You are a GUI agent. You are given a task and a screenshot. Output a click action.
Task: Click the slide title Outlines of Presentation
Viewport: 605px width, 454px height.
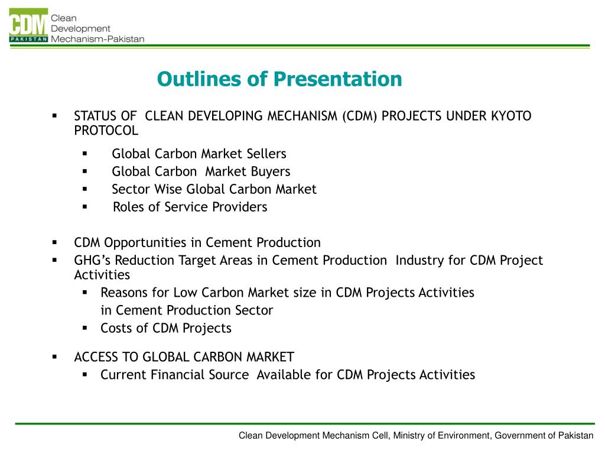(279, 79)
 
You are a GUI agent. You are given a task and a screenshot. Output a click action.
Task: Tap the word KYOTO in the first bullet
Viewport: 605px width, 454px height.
(511, 116)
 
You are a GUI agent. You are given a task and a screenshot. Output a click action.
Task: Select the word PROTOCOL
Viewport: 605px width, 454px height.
(106, 130)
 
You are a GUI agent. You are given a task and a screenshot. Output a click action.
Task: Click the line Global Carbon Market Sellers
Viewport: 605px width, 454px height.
(199, 154)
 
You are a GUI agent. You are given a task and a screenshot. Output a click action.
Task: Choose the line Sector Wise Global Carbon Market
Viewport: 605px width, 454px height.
(214, 189)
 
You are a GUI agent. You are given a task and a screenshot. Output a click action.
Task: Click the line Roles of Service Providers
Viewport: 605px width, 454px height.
(190, 207)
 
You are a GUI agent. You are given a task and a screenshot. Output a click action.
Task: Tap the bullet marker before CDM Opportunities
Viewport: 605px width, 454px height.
(54, 242)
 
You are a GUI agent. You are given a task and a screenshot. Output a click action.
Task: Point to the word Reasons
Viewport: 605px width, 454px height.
(125, 293)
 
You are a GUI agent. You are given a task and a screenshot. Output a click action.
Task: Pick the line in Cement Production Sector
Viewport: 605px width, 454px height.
(187, 310)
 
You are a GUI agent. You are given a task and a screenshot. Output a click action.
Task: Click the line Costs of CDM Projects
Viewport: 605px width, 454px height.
(166, 328)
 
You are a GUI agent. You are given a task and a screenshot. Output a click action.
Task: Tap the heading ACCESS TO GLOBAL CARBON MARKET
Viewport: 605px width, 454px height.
(184, 357)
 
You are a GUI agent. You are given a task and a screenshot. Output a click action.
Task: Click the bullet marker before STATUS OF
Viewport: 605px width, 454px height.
(54, 115)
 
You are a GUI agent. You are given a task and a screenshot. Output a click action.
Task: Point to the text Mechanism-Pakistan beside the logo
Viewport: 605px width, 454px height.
(97, 39)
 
